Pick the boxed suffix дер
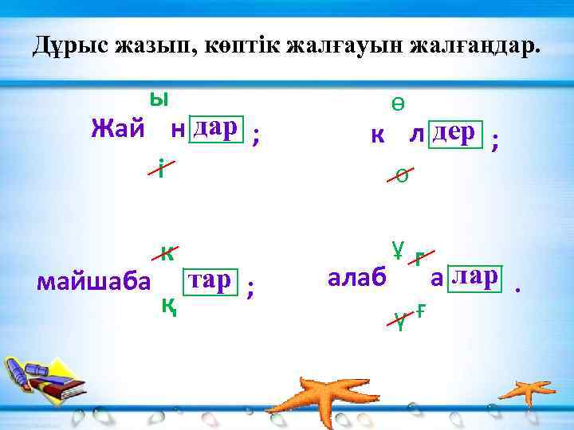point(456,131)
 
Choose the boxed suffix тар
point(211,280)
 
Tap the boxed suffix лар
point(474,276)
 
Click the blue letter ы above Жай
point(159,99)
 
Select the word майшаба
point(93,282)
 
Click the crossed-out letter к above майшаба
point(167,252)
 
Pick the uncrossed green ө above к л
point(397,104)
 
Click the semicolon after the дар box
point(255,137)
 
